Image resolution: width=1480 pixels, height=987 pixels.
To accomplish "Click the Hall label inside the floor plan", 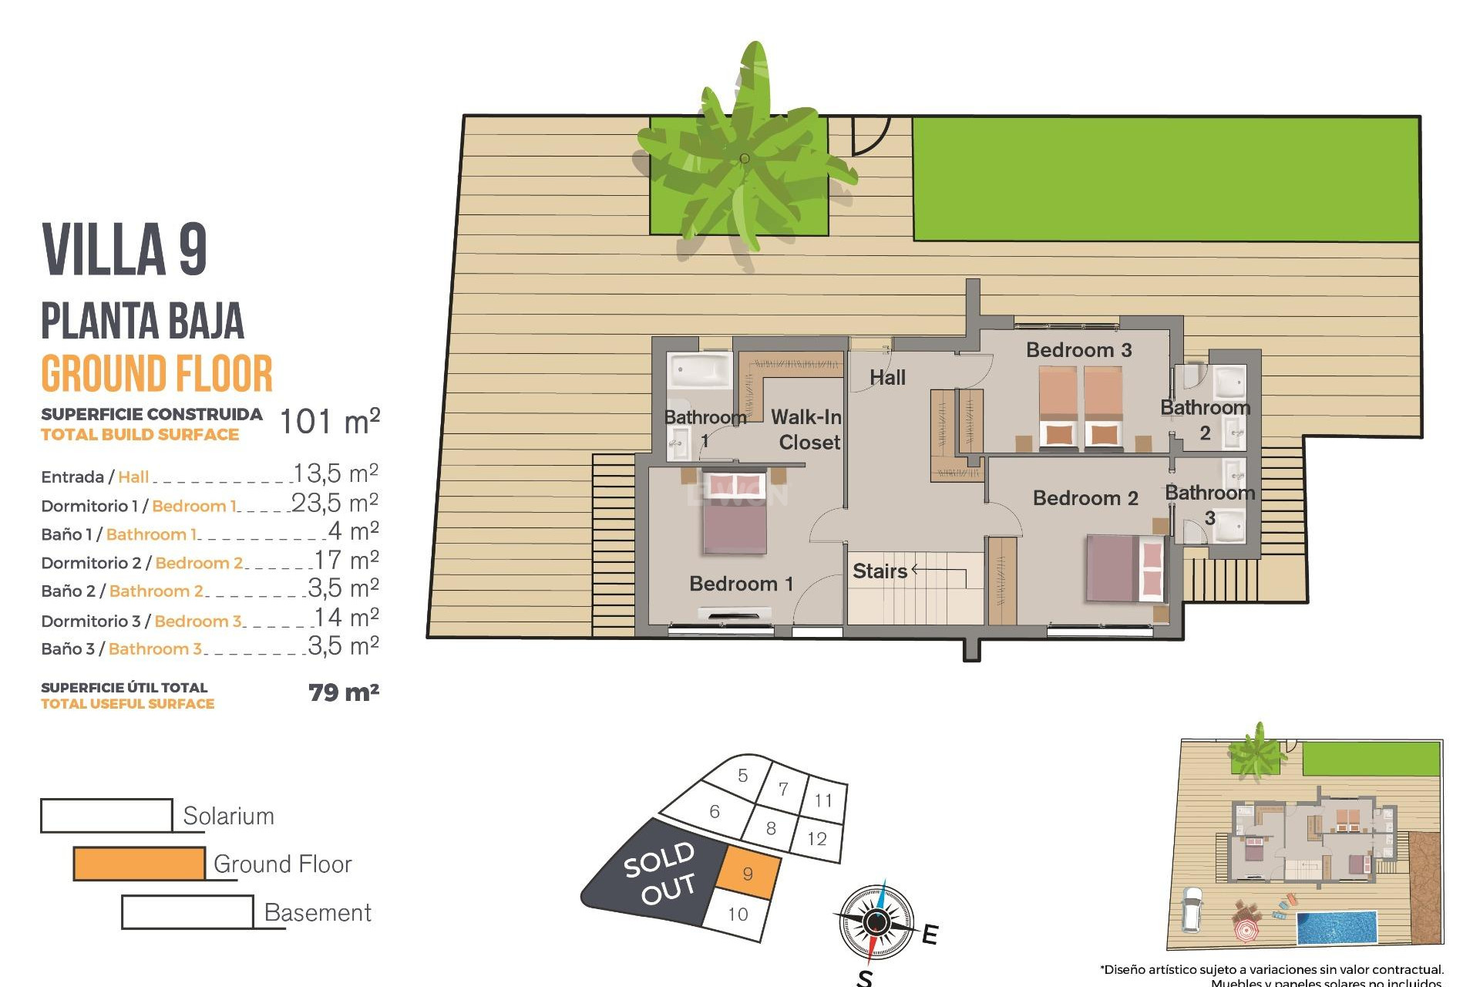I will pyautogui.click(x=887, y=378).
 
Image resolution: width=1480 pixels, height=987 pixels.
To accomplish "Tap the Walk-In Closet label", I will pyautogui.click(x=806, y=429).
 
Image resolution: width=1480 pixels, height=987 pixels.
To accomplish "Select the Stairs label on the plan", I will pyautogui.click(x=880, y=571).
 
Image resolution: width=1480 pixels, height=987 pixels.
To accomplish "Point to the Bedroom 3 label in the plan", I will pyautogui.click(x=1078, y=350).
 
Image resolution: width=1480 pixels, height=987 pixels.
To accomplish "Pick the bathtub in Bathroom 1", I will pyautogui.click(x=700, y=371).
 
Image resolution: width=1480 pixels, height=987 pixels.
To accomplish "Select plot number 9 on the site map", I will pyautogui.click(x=748, y=874).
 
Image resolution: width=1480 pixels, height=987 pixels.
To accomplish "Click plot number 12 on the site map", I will pyautogui.click(x=817, y=839).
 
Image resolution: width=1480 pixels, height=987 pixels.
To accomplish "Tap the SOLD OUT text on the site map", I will pyautogui.click(x=660, y=874).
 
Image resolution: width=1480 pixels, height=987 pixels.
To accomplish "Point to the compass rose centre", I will pyautogui.click(x=876, y=921).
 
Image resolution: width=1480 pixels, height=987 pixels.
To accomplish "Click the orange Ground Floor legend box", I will pyautogui.click(x=140, y=864).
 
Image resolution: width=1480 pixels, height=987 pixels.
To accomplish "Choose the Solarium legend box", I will pyautogui.click(x=106, y=815).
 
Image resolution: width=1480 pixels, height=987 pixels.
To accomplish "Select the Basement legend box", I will pyautogui.click(x=187, y=912).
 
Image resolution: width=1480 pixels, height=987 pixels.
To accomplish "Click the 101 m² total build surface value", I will pyautogui.click(x=329, y=422).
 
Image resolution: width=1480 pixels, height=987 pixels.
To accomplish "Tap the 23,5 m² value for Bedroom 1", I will pyautogui.click(x=335, y=503).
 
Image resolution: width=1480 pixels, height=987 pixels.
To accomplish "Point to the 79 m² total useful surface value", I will pyautogui.click(x=343, y=692).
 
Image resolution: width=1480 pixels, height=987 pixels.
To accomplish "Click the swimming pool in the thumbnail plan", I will pyautogui.click(x=1337, y=928).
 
